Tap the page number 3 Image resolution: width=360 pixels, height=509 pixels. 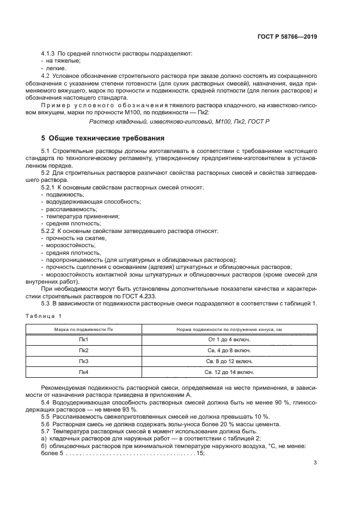tap(315, 463)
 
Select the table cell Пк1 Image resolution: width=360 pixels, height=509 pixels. tap(84, 339)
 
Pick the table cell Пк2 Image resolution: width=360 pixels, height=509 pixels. tap(84, 349)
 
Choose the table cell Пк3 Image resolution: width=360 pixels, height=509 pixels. tap(84, 361)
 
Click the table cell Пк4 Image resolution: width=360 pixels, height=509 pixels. tap(84, 372)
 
